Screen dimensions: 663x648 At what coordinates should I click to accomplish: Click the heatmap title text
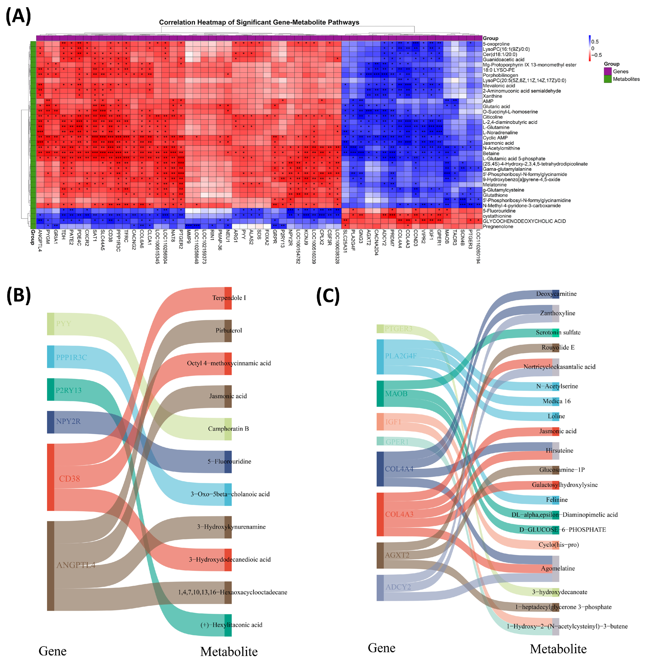click(259, 22)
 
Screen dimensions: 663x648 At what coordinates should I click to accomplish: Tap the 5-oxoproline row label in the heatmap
click(496, 44)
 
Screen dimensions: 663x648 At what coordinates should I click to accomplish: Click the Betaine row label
click(491, 153)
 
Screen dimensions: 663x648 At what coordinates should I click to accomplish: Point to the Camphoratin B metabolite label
click(228, 429)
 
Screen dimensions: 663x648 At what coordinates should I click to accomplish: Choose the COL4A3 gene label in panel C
click(399, 514)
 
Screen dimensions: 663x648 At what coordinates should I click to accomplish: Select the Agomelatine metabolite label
click(558, 568)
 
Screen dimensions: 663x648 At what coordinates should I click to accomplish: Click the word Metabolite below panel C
click(558, 649)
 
